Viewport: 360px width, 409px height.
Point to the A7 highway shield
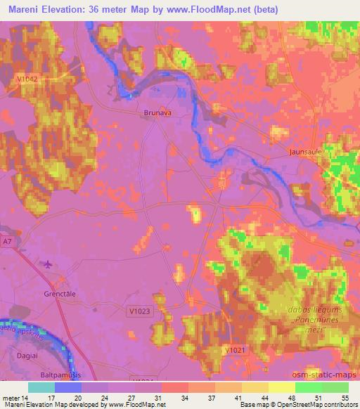point(7,242)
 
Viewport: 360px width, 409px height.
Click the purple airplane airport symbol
point(47,264)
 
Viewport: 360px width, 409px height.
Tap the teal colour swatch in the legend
point(41,387)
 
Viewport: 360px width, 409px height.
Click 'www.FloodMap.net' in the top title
point(215,10)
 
